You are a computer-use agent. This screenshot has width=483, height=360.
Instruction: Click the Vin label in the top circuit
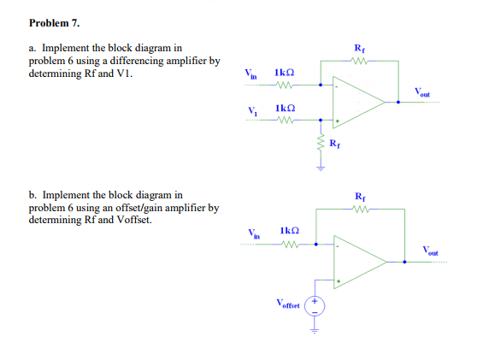(x=250, y=75)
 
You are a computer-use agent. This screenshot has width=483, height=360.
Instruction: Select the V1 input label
(x=250, y=109)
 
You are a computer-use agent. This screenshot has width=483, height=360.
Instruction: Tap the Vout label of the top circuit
(x=425, y=92)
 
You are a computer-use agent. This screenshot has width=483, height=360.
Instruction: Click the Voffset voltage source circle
(x=315, y=304)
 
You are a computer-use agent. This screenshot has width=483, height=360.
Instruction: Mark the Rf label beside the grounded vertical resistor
(x=334, y=142)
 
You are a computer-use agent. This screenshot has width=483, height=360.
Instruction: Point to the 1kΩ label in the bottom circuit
(x=290, y=231)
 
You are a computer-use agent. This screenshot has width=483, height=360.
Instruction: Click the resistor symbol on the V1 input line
(x=286, y=120)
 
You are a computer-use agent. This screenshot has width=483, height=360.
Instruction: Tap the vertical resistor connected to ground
(x=321, y=145)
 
